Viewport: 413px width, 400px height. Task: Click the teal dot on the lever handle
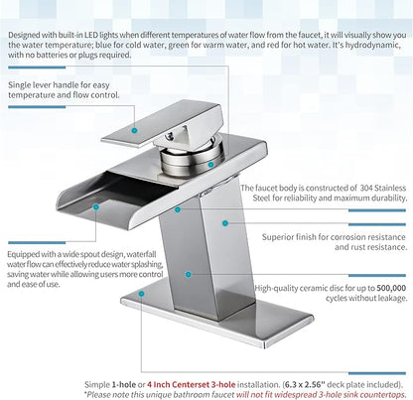pos(134,130)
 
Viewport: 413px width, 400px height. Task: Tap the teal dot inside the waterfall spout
pos(96,207)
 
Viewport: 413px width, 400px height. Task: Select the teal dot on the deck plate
pos(141,294)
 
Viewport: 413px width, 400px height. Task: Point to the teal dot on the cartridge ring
pos(210,165)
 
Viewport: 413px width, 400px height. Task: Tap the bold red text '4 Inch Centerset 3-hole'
pos(192,384)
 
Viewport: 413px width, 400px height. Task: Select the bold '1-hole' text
pos(124,384)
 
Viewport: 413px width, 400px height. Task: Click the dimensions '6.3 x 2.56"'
pos(305,384)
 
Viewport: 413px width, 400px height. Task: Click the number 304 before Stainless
pos(365,188)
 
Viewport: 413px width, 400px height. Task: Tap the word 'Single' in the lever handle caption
pos(19,85)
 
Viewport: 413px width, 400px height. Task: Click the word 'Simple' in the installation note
pos(97,384)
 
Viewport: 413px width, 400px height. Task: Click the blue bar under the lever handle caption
pos(37,107)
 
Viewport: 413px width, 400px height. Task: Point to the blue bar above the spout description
pos(37,242)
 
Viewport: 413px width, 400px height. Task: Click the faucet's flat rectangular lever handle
pos(161,124)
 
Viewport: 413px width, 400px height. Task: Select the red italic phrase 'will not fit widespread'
pos(276,395)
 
